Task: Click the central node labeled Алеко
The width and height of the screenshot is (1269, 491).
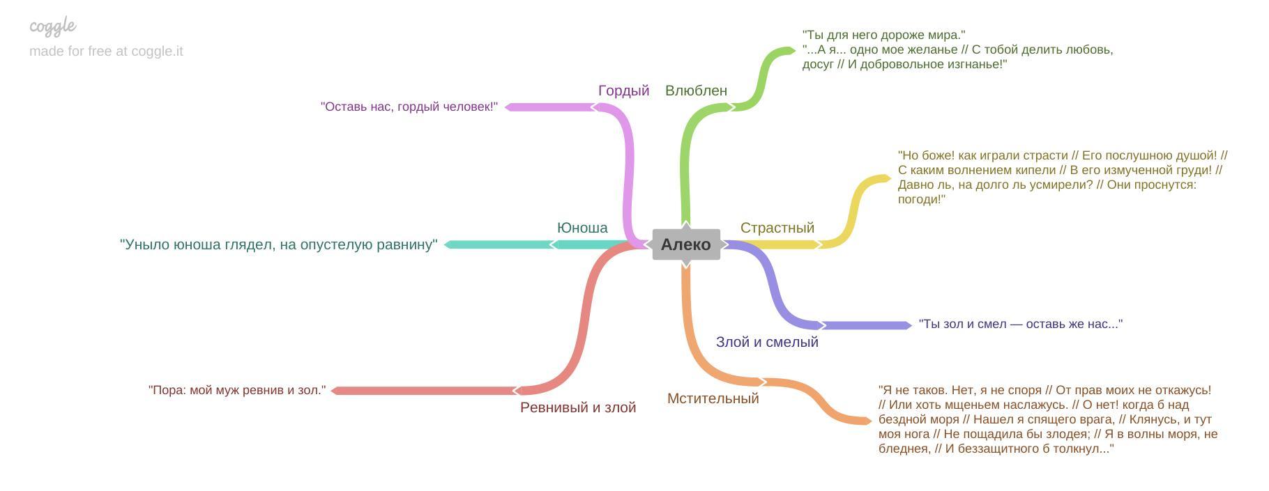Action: click(686, 244)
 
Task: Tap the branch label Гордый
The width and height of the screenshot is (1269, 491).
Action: click(623, 91)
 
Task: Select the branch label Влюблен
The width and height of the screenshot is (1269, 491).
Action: click(696, 91)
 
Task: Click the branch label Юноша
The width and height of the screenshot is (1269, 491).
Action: click(582, 228)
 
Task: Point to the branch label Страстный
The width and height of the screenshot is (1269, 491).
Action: click(777, 228)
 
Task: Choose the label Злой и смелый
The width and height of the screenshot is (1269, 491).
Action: click(767, 342)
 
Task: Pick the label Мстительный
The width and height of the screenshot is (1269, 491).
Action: click(713, 398)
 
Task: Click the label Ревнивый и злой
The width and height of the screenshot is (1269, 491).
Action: click(578, 407)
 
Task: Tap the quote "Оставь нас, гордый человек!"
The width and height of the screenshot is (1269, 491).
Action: click(409, 107)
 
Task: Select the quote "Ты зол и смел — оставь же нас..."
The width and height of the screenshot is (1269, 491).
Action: click(1021, 324)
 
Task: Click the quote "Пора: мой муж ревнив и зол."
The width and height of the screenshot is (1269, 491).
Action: click(237, 390)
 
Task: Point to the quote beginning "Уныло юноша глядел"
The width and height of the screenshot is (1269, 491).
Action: click(279, 244)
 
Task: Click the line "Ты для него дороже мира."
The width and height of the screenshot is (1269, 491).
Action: click(883, 35)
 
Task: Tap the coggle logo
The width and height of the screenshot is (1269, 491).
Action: click(53, 26)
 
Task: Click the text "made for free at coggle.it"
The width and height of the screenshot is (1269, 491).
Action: click(106, 51)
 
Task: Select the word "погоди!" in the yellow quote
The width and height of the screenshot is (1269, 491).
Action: click(921, 199)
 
